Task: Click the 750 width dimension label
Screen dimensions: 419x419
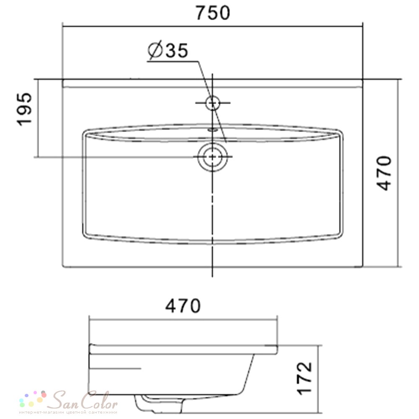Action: coord(213,13)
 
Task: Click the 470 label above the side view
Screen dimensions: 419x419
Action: coord(183,306)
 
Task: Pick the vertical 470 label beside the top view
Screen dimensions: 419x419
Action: coord(384,173)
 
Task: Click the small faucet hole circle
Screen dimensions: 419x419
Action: coord(213,103)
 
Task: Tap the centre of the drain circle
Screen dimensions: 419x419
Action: coord(212,157)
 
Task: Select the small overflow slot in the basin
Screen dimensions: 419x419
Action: coord(213,130)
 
